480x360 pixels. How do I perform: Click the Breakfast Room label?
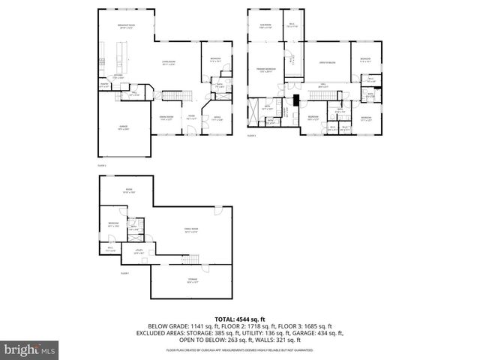[126, 26]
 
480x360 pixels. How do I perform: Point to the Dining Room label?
[166, 117]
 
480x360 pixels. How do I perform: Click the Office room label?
[216, 117]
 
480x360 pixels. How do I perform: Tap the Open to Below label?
[328, 62]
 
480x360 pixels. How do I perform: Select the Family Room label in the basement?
[191, 229]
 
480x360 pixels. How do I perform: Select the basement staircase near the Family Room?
[193, 259]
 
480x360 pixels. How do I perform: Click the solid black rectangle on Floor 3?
[296, 98]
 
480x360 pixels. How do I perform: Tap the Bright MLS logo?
[30, 349]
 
